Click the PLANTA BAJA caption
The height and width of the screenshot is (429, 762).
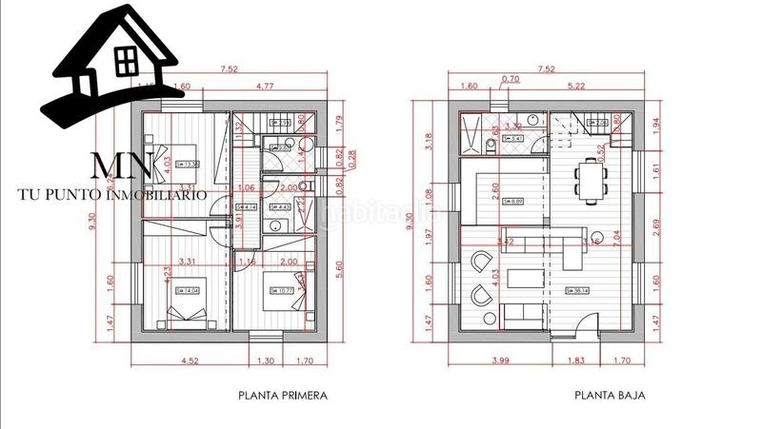tap(610, 396)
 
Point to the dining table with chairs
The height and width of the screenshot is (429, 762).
tap(590, 181)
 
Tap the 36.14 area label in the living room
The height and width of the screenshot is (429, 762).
tap(577, 291)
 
